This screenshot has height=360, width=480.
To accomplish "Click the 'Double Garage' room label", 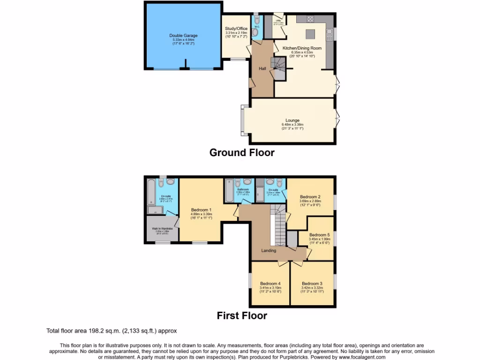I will click(183, 36).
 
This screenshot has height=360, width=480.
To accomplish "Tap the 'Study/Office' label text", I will click(236, 29).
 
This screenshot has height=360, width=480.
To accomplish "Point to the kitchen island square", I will click(311, 34).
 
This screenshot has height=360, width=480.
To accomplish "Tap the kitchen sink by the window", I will click(330, 34).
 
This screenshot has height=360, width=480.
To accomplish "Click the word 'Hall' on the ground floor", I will click(262, 68).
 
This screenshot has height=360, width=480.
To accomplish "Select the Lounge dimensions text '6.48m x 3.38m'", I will click(292, 125).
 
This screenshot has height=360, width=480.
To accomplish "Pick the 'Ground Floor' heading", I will click(241, 153).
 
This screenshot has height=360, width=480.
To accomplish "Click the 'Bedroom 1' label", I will click(201, 210).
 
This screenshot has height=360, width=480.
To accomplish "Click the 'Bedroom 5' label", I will click(319, 235).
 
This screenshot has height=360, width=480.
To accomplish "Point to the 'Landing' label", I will click(269, 250).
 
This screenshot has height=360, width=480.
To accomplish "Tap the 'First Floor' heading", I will click(241, 316).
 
